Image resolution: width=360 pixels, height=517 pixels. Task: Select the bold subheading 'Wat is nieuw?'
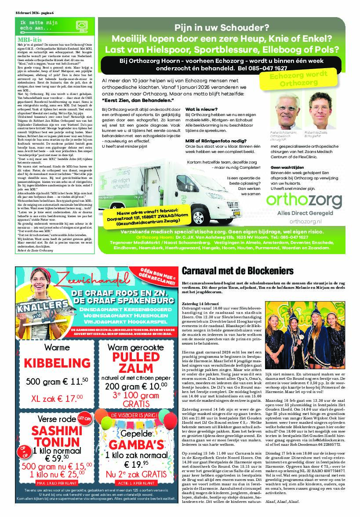coord(200,109)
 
